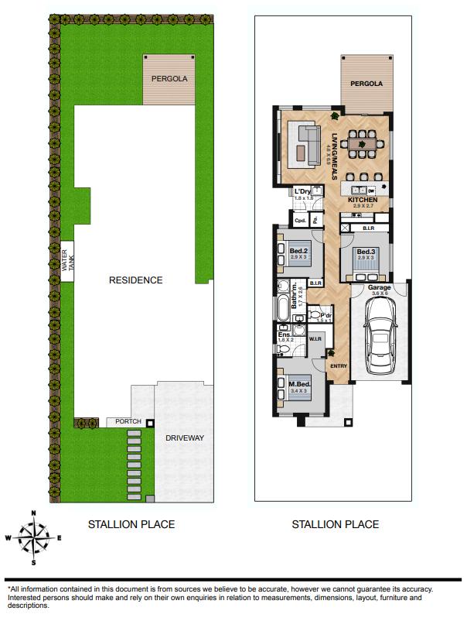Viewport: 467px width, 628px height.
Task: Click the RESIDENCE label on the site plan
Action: coord(135,280)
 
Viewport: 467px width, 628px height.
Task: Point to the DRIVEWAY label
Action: coord(184,438)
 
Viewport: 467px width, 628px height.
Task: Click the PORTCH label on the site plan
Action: coord(128,422)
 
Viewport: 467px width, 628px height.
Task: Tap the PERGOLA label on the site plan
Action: coord(169,78)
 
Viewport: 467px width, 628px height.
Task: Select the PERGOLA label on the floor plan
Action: coord(368,84)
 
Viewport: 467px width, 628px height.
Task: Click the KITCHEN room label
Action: coord(363,201)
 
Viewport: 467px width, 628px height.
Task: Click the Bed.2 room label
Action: coord(299,251)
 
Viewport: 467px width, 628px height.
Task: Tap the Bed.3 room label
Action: coord(365,252)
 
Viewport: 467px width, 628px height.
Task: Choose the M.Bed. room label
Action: coord(299,386)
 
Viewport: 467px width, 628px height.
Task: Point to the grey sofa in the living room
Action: coord(308,145)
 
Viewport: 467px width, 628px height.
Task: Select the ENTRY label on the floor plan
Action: coord(338,365)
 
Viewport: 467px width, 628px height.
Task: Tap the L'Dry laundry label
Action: coord(302,192)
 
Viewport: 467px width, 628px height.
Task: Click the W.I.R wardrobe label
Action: coord(315,339)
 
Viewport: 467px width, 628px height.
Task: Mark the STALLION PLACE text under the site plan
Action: coord(131,524)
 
